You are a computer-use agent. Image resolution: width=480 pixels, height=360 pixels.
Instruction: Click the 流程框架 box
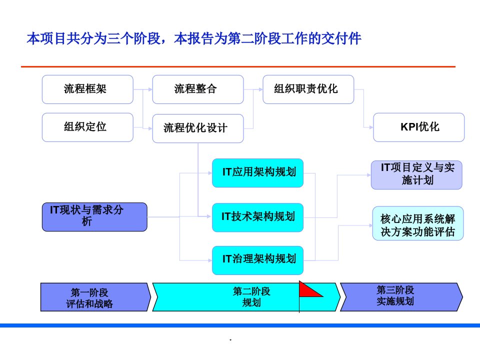pos(87,89)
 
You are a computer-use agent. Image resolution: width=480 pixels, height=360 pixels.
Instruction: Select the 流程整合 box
pos(198,89)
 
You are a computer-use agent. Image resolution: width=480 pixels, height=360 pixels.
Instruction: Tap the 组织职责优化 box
pos(308,89)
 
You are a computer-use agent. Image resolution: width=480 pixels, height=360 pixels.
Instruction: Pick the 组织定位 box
pos(87,127)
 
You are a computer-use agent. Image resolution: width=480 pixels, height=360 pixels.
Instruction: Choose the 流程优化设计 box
pos(198,128)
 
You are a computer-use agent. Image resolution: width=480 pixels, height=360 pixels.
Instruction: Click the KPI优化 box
pos(419,127)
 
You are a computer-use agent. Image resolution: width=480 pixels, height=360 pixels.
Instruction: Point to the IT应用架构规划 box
pos(258,173)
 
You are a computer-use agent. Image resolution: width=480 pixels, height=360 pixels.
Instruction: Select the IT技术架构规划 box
pos(258,217)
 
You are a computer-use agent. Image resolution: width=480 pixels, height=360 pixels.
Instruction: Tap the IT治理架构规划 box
pos(258,260)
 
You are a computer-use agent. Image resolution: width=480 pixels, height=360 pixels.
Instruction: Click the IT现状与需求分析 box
pos(94,216)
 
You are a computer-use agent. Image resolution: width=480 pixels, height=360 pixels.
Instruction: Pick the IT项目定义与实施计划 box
pos(416,175)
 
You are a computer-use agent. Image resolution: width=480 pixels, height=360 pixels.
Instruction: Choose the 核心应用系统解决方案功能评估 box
pos(418,223)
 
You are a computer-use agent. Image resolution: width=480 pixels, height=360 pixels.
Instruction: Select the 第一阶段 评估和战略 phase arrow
pos(95,297)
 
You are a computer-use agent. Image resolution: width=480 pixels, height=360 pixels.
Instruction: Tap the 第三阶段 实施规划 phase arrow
pos(401,297)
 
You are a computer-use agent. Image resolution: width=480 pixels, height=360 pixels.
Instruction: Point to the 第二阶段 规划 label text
pos(251,296)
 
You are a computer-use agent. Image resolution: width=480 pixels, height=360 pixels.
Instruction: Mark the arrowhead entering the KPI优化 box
pos(371,127)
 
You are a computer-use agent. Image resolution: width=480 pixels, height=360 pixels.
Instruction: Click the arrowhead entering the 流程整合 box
pos(150,89)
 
